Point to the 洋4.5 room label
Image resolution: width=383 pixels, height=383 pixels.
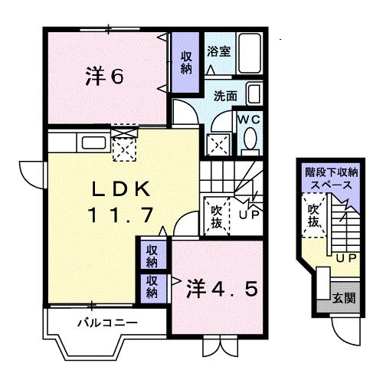pos(218,289)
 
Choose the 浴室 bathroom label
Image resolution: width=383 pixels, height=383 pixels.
pos(219,52)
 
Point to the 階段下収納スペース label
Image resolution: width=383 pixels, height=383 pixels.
pos(329,178)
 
